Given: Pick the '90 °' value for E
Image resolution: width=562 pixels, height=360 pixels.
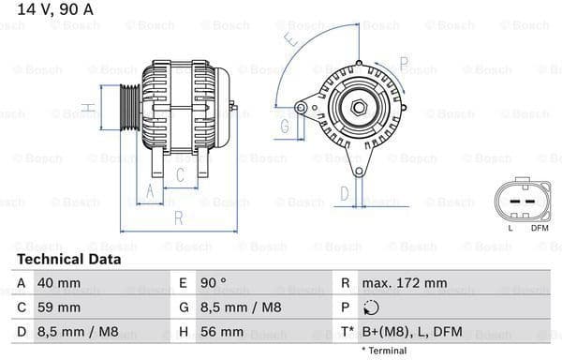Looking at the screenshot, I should (x=212, y=282).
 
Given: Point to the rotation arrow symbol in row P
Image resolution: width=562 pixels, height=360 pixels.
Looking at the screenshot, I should (x=372, y=307).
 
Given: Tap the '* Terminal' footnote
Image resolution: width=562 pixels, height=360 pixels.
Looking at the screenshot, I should (x=384, y=351).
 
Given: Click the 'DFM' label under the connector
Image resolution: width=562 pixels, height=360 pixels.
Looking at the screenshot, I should (x=540, y=228).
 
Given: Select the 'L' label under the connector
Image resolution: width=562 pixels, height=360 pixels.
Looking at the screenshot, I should (x=510, y=228).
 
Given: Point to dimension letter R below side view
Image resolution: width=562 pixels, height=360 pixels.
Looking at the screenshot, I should (x=178, y=218).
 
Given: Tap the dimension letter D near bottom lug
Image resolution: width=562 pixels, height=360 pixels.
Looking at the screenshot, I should (x=344, y=193).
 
